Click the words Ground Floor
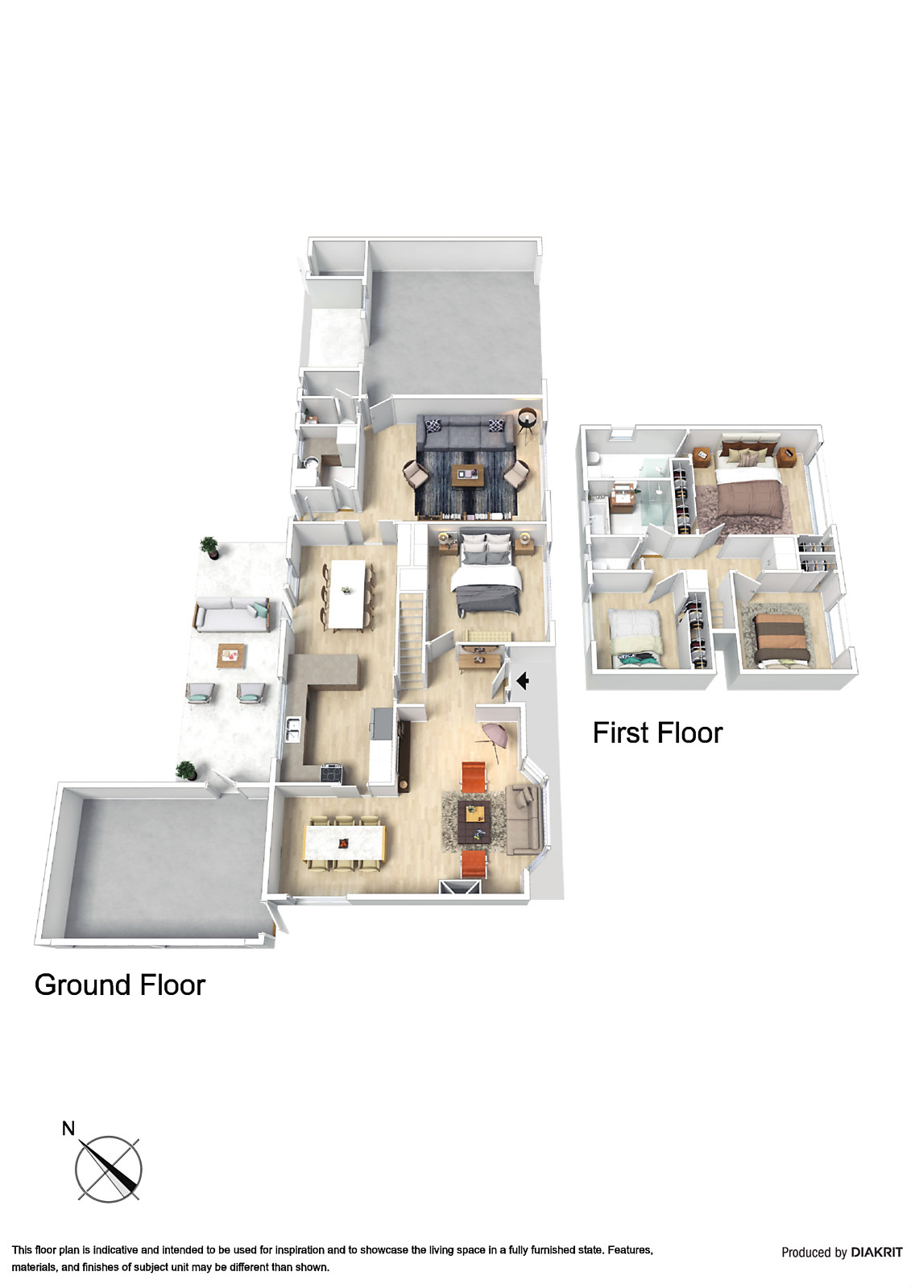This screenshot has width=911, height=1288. (120, 985)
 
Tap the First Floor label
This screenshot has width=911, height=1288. (657, 733)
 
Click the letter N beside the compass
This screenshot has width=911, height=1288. (68, 1129)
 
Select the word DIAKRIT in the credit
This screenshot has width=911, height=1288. (876, 1252)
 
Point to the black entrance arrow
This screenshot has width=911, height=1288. (522, 681)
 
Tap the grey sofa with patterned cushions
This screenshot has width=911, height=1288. (468, 434)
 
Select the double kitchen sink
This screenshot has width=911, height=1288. (292, 729)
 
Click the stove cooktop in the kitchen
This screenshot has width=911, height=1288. (332, 773)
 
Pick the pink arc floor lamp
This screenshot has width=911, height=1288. (493, 735)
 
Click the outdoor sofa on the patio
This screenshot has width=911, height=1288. (230, 617)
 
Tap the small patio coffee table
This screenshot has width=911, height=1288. (231, 655)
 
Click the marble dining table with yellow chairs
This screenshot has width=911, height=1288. (345, 843)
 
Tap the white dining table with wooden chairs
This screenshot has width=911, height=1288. (347, 593)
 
